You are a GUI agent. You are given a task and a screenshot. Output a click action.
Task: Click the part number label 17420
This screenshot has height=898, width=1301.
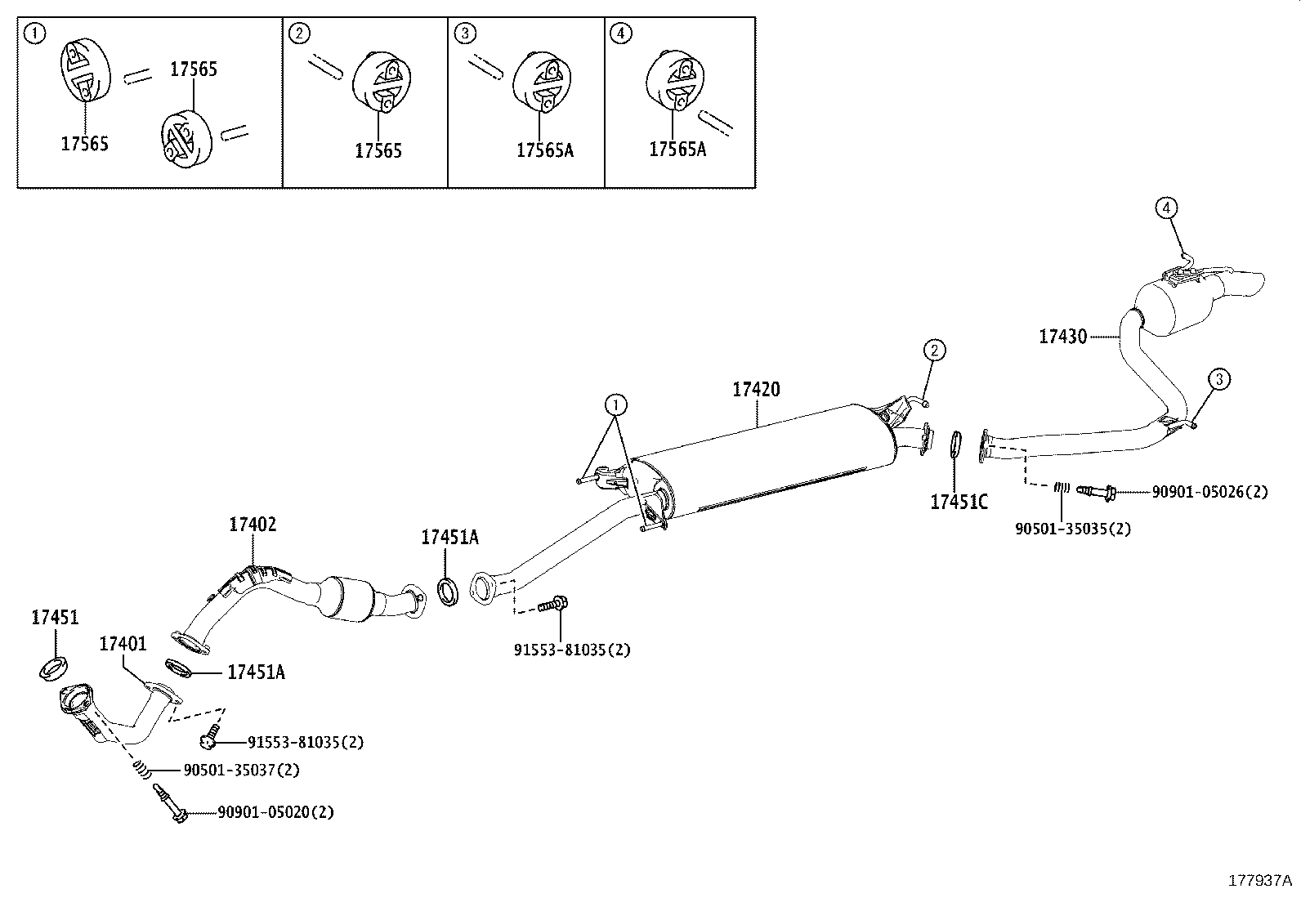755,390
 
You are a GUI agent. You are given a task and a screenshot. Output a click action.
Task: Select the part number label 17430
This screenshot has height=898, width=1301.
1062,336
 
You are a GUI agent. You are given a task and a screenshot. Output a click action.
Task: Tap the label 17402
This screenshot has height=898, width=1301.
252,525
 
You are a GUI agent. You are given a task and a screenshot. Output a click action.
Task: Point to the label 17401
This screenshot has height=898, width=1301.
123,644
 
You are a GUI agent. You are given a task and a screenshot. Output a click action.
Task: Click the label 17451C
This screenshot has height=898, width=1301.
959,502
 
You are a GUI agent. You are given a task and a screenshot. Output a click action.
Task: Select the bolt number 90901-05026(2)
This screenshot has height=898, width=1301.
1209,492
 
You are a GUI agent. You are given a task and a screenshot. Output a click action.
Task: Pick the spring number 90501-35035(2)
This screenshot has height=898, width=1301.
1073,529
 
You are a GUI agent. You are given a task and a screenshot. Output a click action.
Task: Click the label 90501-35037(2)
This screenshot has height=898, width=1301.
241,770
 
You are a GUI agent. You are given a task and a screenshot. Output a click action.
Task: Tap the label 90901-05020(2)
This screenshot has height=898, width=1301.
275,812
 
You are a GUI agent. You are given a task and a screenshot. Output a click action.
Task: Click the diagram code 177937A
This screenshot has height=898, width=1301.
1259,880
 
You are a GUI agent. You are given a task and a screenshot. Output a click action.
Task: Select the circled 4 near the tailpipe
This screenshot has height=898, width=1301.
1166,208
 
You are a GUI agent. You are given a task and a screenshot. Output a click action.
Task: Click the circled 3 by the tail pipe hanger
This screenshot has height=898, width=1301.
1218,379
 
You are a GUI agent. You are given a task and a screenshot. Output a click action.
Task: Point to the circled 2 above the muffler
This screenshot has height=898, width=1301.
934,351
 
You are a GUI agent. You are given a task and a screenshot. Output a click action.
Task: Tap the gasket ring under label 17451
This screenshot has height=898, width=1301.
54,667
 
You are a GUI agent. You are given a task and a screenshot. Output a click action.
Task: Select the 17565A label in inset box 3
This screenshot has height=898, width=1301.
544,150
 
